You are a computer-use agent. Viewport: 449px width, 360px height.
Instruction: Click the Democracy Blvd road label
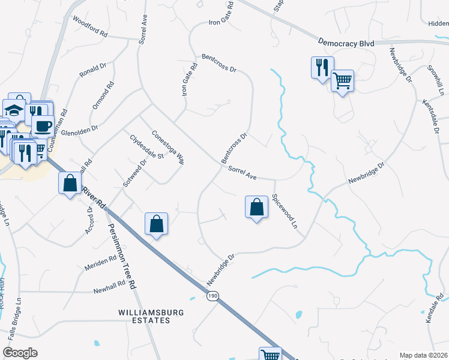tap(346, 43)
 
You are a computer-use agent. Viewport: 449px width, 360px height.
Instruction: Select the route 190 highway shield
tap(212, 296)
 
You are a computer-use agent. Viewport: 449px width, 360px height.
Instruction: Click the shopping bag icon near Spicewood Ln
tap(256, 207)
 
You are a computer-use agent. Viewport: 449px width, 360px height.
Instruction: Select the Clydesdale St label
tap(147, 147)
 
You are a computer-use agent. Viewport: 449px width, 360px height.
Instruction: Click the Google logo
tap(20, 352)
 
